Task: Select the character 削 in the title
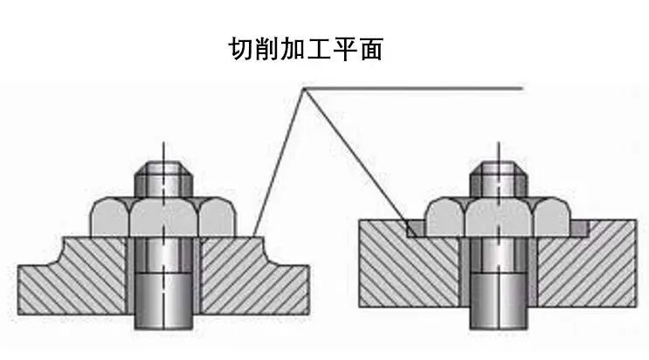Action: click(x=269, y=49)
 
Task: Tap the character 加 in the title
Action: click(x=298, y=49)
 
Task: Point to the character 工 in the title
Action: click(x=327, y=49)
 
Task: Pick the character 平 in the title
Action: click(x=355, y=49)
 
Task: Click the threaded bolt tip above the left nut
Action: click(x=162, y=179)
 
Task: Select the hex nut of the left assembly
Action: click(x=162, y=216)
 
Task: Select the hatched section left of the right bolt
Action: click(x=411, y=271)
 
